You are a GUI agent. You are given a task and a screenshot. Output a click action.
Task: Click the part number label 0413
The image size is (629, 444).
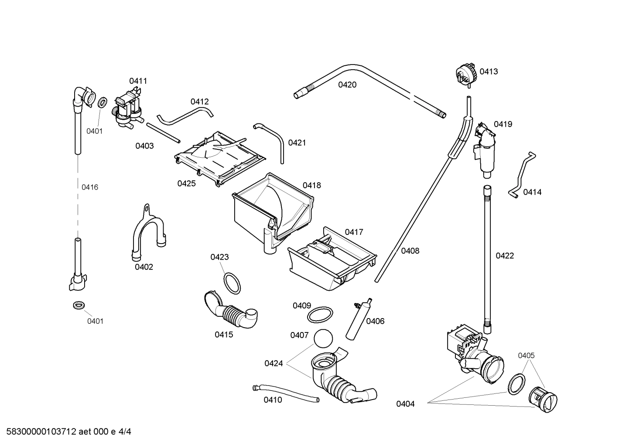489,71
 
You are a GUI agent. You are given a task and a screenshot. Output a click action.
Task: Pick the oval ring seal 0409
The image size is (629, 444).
320,314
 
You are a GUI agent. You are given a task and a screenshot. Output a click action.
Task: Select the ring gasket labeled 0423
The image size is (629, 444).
232,283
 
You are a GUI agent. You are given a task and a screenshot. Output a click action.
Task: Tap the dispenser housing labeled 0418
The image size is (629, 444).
273,209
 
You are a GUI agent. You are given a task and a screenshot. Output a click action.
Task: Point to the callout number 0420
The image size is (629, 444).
347,85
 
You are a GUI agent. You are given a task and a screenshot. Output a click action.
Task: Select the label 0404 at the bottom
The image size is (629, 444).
405,404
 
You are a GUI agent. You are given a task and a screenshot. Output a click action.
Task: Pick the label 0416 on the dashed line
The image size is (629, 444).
90,187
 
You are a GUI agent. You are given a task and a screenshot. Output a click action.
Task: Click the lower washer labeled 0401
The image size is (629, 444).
79,305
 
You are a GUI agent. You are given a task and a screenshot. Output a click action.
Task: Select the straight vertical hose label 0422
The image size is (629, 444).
505,256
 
